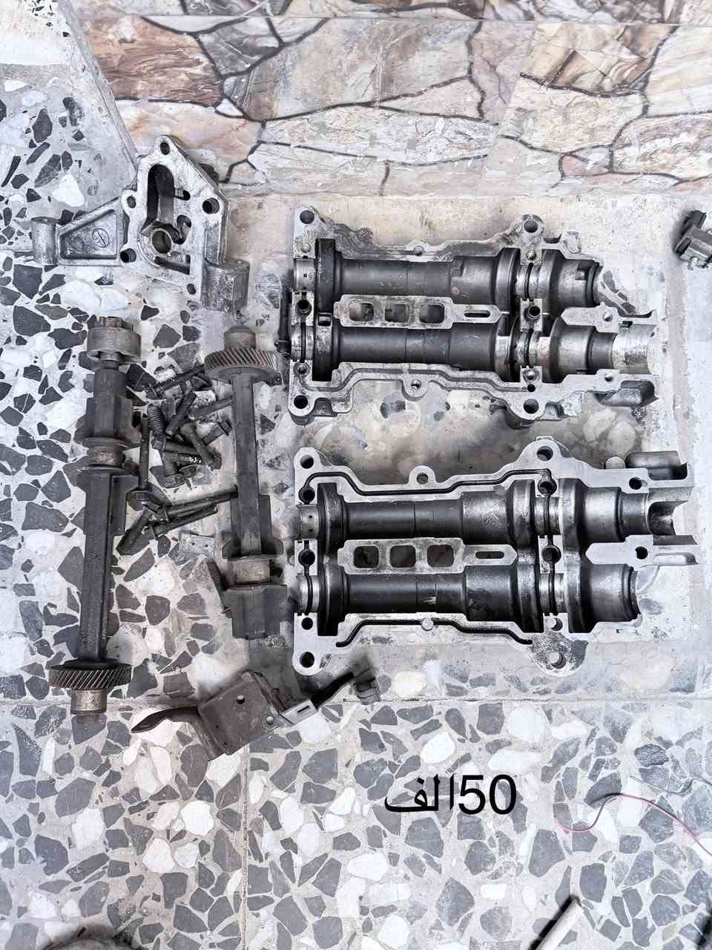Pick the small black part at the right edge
click(x=694, y=238)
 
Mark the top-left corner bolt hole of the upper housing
click(x=305, y=217)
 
